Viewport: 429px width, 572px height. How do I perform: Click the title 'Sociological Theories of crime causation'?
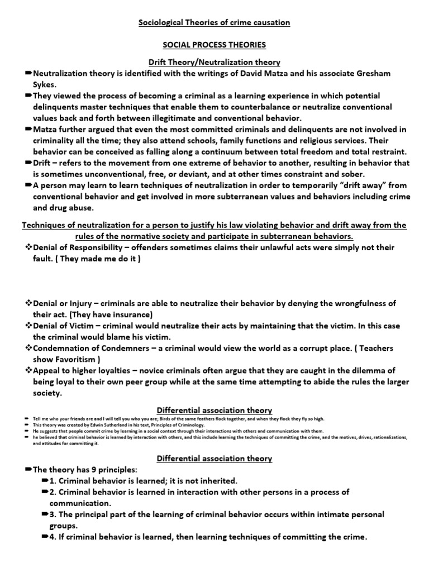pos(214,22)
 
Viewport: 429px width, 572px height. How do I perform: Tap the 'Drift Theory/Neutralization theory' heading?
pos(214,62)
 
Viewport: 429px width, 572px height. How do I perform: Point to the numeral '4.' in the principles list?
pos(54,537)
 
